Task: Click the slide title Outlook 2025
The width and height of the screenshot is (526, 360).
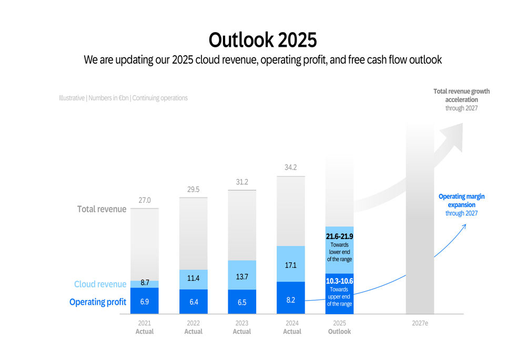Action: [262, 40]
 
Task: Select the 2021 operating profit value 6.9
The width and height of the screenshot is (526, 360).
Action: [145, 302]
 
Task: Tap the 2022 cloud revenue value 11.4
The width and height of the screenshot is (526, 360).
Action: [194, 278]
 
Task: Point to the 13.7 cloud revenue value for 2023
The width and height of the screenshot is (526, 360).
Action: [242, 276]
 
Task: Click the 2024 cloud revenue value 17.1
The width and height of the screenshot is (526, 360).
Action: [290, 265]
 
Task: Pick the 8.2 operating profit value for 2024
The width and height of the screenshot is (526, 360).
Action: [290, 300]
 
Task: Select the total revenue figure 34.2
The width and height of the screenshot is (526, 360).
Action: [290, 168]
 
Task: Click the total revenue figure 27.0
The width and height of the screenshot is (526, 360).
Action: [145, 200]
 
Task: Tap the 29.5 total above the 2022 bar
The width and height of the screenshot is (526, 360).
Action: [194, 189]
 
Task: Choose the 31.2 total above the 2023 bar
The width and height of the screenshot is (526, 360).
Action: [242, 182]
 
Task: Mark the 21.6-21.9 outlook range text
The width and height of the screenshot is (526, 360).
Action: [339, 236]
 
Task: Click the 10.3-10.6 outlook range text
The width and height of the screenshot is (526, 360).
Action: [339, 281]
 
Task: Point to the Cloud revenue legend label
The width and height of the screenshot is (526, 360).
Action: [100, 284]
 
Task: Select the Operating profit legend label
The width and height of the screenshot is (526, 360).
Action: [98, 302]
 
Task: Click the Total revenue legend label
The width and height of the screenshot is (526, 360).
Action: [102, 209]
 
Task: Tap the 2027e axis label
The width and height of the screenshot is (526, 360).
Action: [420, 323]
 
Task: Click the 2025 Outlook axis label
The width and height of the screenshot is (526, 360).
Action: [339, 327]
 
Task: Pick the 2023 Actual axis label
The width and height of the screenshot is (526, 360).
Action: [242, 327]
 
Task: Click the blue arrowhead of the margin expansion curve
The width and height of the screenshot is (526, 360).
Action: [463, 227]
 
